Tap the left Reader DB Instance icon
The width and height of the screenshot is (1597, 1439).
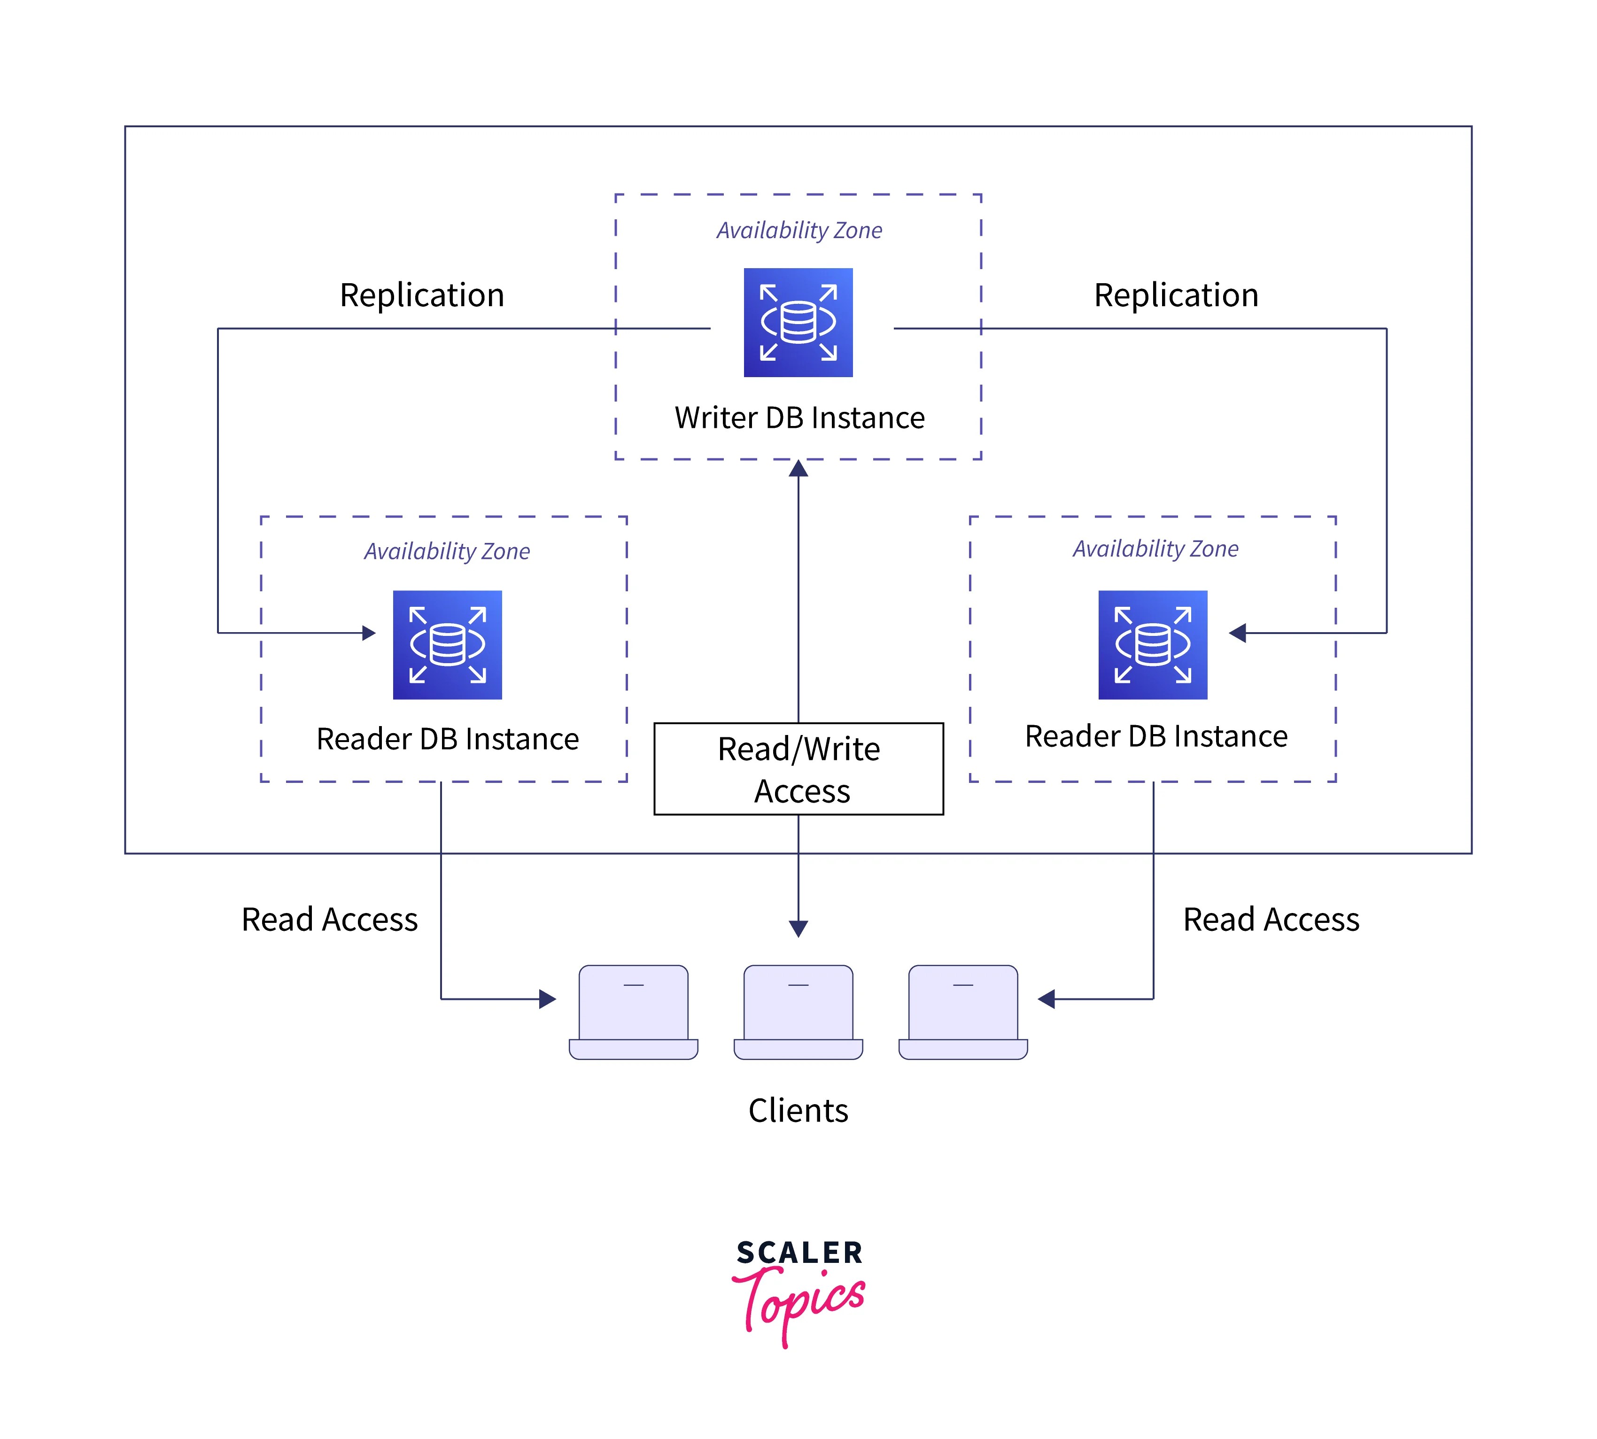pos(448,644)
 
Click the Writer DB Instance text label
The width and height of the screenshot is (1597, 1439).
pos(799,418)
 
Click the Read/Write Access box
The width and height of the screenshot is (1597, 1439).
pos(798,768)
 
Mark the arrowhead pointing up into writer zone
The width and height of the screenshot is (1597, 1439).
pos(798,469)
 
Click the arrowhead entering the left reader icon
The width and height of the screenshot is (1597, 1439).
pos(368,633)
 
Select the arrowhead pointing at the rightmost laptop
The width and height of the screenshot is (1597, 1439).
pos(1046,999)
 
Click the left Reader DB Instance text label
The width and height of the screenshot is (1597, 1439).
pos(448,738)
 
